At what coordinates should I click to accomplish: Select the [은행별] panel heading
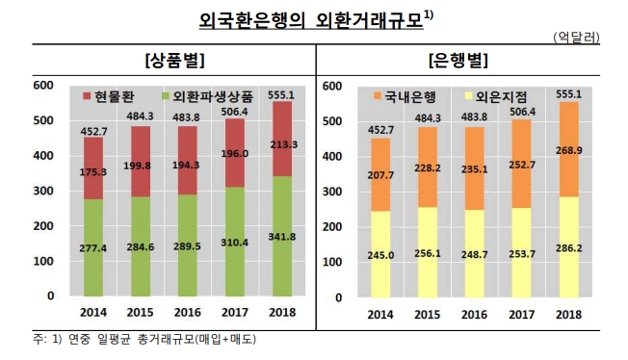pyautogui.click(x=458, y=61)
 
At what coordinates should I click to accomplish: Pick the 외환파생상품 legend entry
pyautogui.click(x=213, y=97)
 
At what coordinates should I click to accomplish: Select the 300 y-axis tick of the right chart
pyautogui.click(x=329, y=192)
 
